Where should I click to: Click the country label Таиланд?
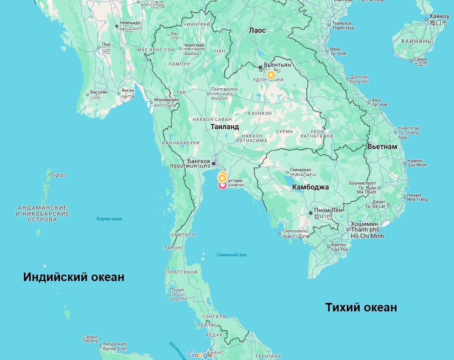click(x=225, y=127)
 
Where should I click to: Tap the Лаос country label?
click(x=257, y=30)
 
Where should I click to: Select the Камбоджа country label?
click(x=310, y=187)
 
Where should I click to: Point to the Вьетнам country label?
click(x=382, y=147)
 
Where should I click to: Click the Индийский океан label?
click(x=74, y=277)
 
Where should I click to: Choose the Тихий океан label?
click(x=361, y=307)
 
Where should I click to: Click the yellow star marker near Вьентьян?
click(x=271, y=75)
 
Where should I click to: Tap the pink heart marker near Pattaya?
click(x=222, y=185)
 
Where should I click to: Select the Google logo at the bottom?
click(x=200, y=355)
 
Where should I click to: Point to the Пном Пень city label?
click(x=328, y=210)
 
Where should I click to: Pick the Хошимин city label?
click(x=365, y=224)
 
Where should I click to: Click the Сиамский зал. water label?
click(x=232, y=255)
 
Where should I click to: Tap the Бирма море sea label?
click(x=109, y=219)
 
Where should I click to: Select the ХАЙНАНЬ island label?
click(x=416, y=41)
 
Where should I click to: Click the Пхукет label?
click(x=177, y=290)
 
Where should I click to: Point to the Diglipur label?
click(x=59, y=175)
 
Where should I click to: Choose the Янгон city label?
click(x=128, y=91)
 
